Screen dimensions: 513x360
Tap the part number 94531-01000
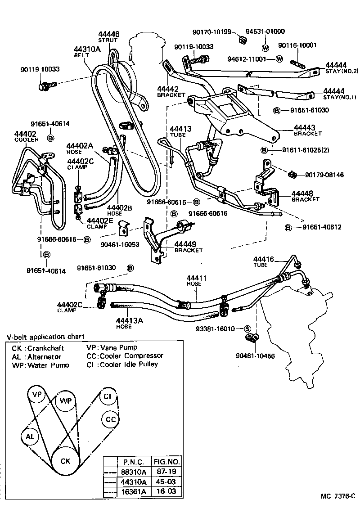265,31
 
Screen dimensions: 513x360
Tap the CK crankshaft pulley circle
65,461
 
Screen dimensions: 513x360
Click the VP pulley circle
37,395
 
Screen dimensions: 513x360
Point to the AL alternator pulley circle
30,436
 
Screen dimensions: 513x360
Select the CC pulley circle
110,419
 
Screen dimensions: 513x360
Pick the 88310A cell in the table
133,472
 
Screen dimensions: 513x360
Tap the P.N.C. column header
133,462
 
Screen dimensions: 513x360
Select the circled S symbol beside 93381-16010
247,328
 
